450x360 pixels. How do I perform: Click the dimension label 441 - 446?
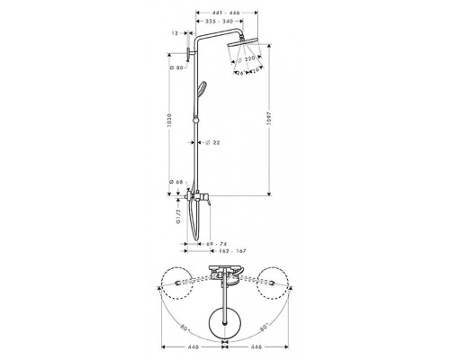point(222,15)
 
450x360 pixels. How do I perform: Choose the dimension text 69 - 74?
point(215,245)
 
